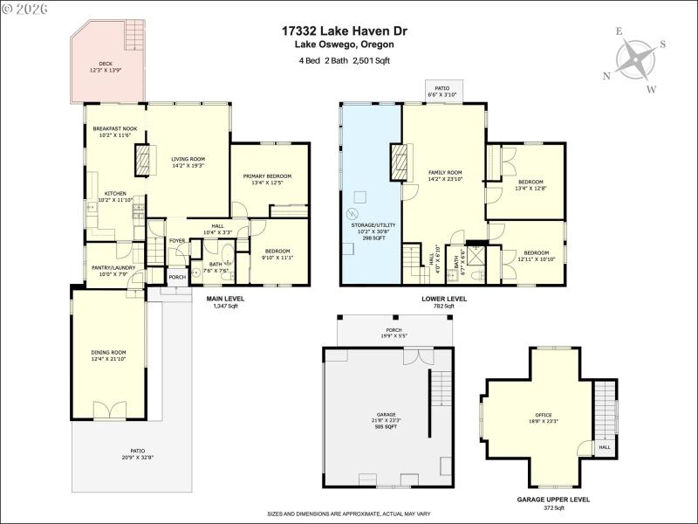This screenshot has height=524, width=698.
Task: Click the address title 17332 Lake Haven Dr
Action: coord(344,31)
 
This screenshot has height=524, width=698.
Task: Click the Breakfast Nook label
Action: coord(115,132)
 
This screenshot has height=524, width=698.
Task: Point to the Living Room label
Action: coord(187,162)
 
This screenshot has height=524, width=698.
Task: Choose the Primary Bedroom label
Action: coord(267,179)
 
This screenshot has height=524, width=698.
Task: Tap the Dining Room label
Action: coord(109,355)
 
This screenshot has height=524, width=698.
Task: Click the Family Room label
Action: coord(445,176)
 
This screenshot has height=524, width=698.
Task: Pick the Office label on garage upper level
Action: coord(544,418)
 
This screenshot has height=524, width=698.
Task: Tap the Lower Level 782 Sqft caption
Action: coord(444,302)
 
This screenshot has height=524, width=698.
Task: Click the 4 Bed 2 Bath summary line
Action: coord(344,60)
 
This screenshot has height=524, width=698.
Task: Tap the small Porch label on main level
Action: coord(178,278)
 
